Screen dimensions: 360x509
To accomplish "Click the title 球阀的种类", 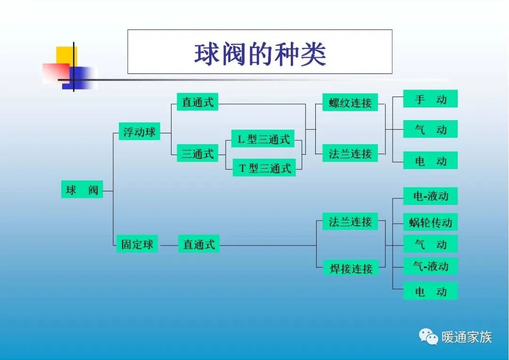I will (x=260, y=54).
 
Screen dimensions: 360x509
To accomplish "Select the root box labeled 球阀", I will (x=82, y=190).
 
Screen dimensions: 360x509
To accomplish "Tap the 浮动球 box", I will (x=139, y=132).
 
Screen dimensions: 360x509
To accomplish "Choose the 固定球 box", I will (x=137, y=244).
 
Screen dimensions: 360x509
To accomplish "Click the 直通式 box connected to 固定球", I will (x=199, y=244).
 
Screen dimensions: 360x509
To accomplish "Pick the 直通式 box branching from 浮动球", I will (x=197, y=102).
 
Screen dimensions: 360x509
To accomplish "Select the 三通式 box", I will (x=197, y=154).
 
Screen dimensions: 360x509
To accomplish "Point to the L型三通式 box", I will (x=263, y=139).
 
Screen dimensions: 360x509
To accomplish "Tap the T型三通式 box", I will (x=264, y=168).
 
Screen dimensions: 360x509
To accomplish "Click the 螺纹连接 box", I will (x=350, y=103).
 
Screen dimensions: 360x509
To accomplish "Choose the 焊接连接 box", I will (x=351, y=269).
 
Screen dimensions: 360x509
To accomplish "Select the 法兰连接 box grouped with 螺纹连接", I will (x=350, y=154).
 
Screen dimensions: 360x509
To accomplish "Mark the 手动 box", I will (x=430, y=99).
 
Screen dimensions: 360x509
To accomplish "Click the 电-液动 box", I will (x=430, y=196).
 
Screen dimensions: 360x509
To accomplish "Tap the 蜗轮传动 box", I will (x=430, y=222).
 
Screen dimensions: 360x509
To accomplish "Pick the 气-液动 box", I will (x=430, y=266).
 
